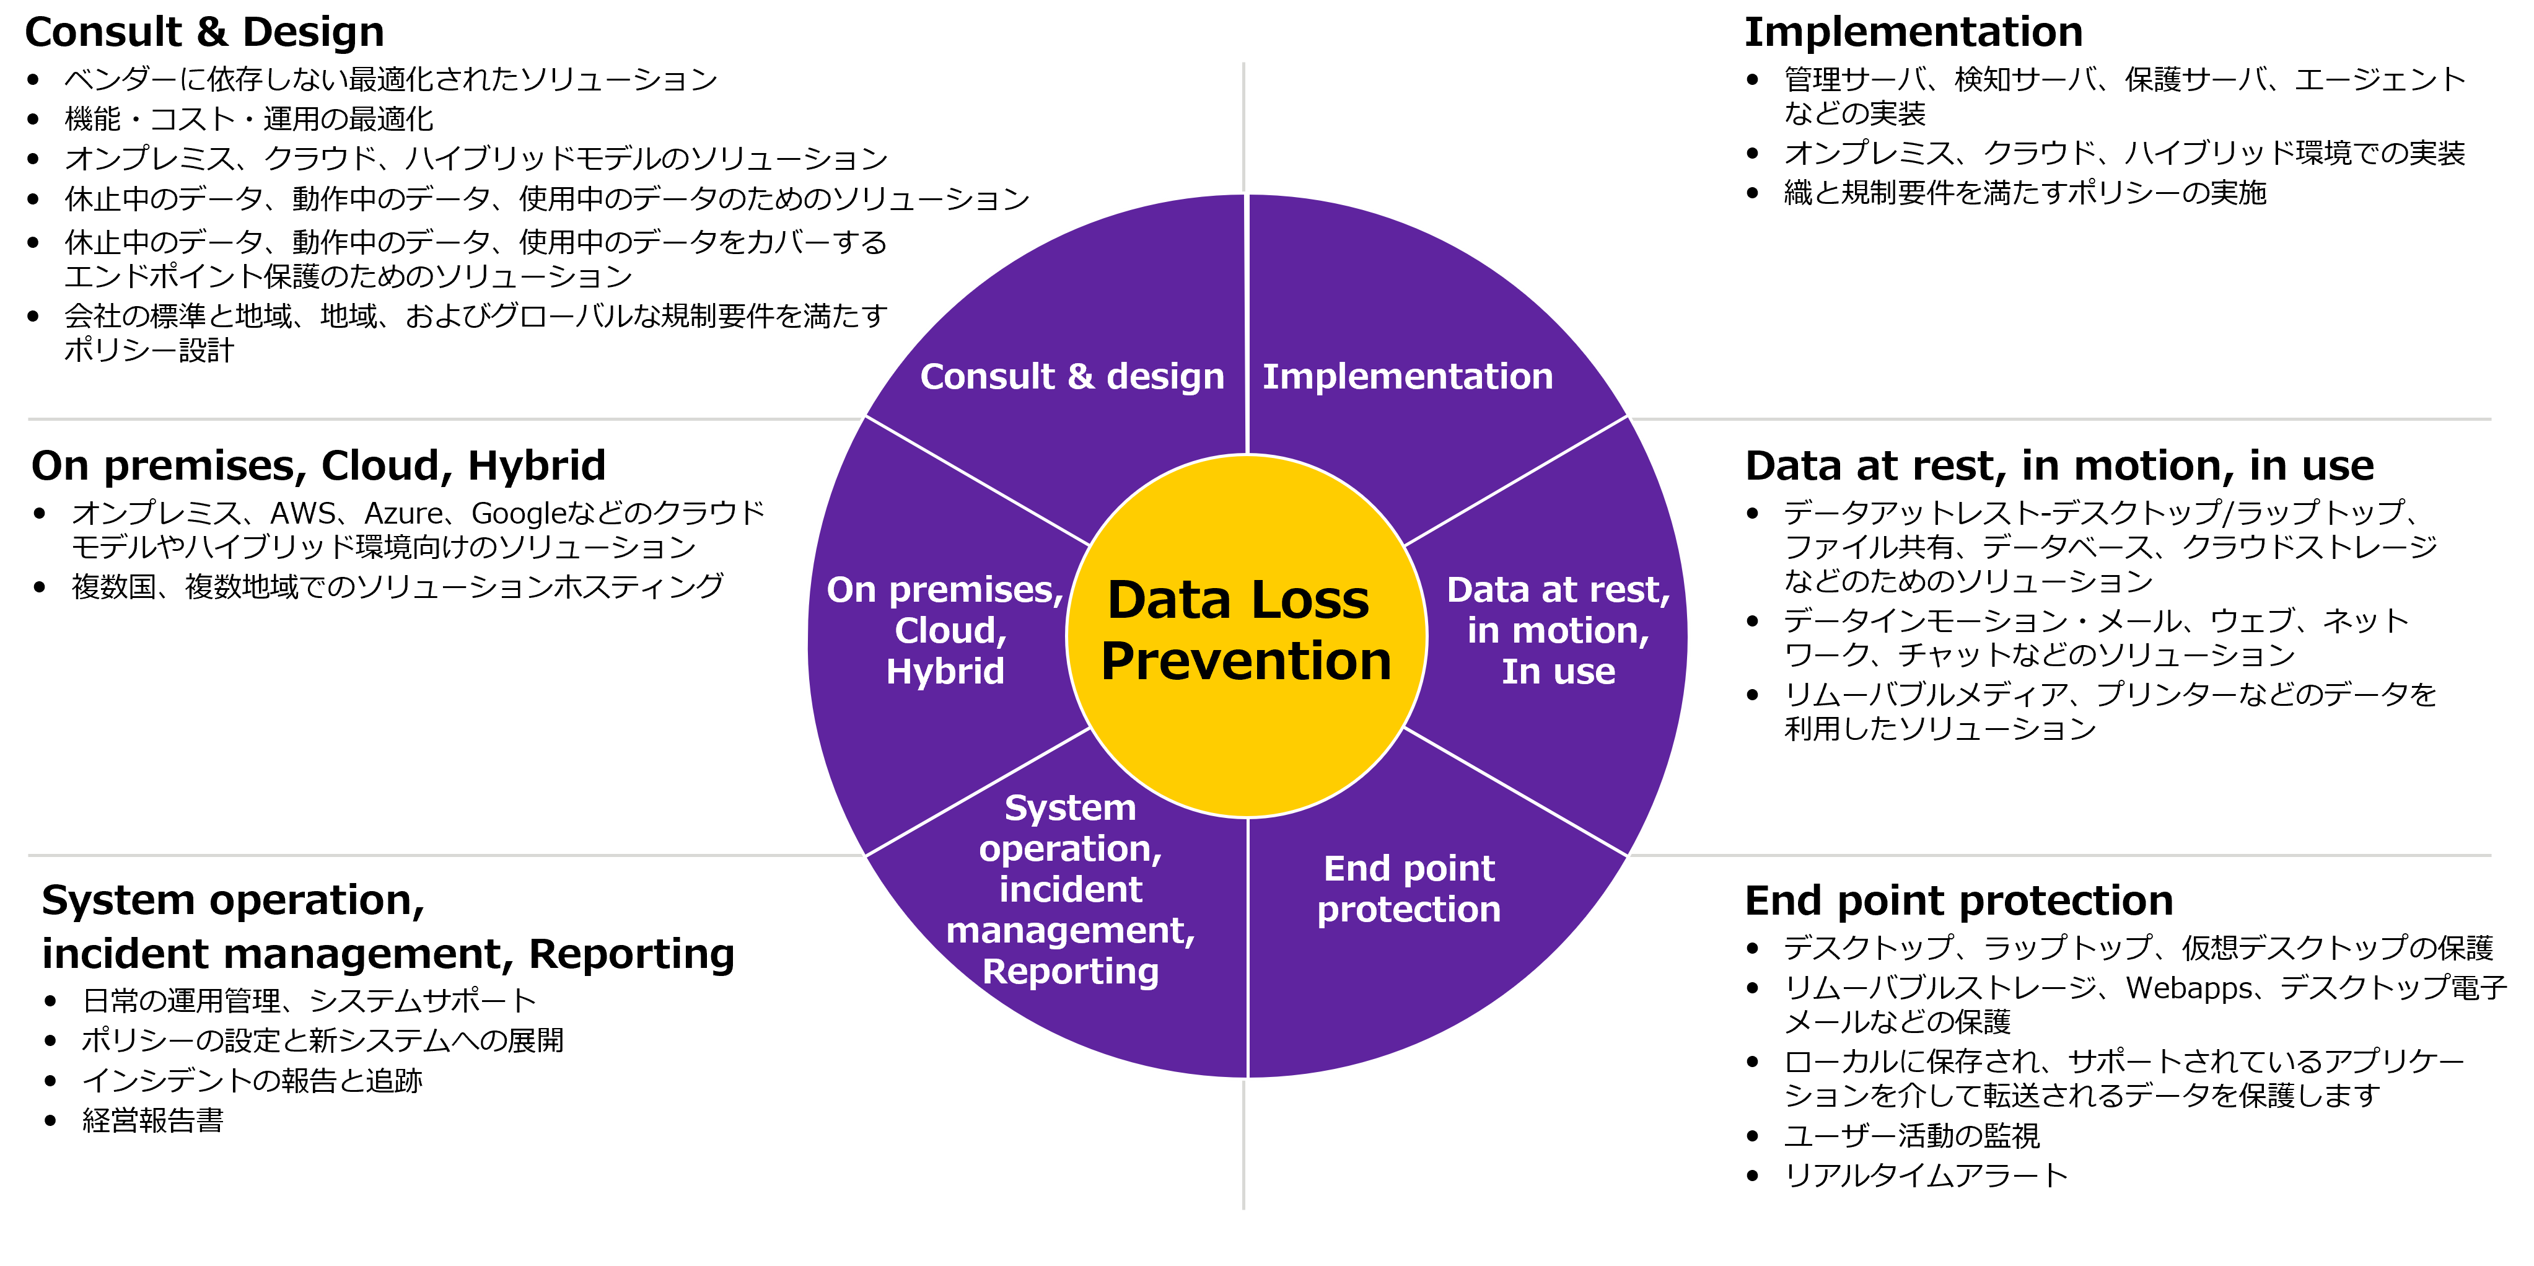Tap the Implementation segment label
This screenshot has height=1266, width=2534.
pyautogui.click(x=1408, y=377)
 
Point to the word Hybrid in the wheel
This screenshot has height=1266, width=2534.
pyautogui.click(x=944, y=672)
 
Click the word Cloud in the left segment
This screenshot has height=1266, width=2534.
pyautogui.click(x=946, y=631)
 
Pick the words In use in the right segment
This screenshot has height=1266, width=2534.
pyautogui.click(x=1558, y=672)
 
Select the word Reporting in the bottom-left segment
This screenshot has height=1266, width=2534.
pyautogui.click(x=1070, y=972)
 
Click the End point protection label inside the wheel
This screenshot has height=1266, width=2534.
pyautogui.click(x=1409, y=889)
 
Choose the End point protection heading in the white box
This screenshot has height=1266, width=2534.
pyautogui.click(x=1958, y=901)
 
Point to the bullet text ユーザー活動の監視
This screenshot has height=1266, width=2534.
pyautogui.click(x=1911, y=1136)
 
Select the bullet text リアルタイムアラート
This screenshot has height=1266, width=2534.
pyautogui.click(x=1925, y=1176)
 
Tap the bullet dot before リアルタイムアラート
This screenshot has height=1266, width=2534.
pyautogui.click(x=1752, y=1176)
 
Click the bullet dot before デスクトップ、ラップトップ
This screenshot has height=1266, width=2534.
pyautogui.click(x=1752, y=948)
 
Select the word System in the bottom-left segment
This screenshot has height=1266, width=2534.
pyautogui.click(x=1070, y=809)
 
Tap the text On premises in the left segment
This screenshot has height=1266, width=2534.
pyautogui.click(x=942, y=590)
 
